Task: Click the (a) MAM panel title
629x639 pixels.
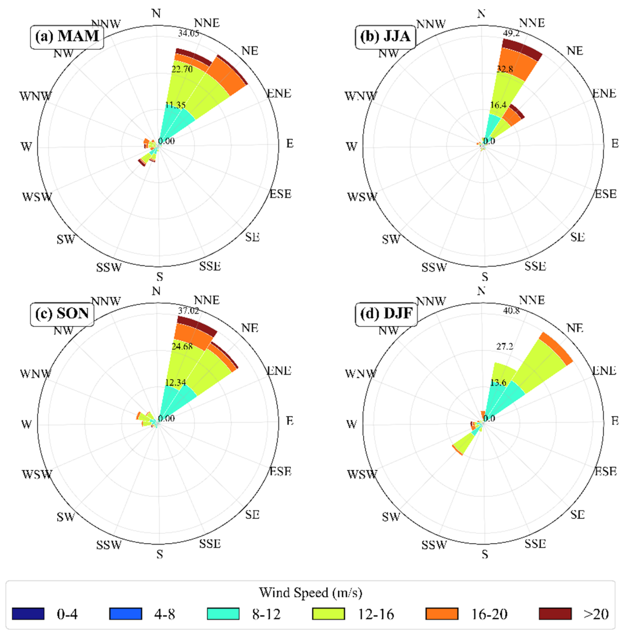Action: (x=67, y=36)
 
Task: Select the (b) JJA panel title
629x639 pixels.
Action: (x=385, y=36)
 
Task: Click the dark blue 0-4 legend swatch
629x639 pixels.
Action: (x=28, y=613)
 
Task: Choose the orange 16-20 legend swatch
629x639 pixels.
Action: (x=442, y=613)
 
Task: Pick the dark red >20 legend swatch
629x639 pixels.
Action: (x=555, y=613)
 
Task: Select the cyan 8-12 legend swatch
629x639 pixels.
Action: (x=223, y=613)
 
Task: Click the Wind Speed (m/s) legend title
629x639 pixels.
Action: (x=310, y=593)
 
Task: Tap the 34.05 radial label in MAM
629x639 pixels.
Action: (x=188, y=33)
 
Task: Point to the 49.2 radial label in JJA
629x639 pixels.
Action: (x=511, y=33)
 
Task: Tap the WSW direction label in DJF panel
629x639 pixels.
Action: (x=362, y=474)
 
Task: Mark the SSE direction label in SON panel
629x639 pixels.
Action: (x=210, y=543)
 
